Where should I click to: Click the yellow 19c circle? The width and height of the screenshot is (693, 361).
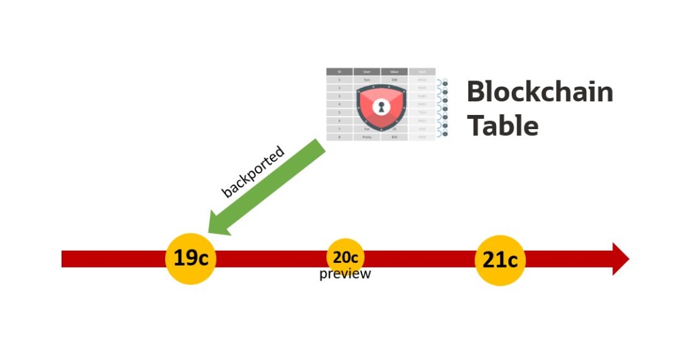(191, 258)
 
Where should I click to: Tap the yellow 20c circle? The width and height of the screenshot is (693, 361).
(346, 257)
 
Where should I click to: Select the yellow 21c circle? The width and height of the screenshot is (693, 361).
(500, 260)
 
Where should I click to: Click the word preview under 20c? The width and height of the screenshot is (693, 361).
(345, 274)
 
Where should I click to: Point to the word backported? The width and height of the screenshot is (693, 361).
(253, 172)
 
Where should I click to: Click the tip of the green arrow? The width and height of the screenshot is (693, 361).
(211, 230)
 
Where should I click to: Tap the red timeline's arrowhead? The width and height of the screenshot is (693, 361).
(620, 259)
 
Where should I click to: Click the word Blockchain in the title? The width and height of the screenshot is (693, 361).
(539, 92)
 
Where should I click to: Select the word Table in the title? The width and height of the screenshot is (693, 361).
(503, 126)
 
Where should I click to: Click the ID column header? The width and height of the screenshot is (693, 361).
(339, 71)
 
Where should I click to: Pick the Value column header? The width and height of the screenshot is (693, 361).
(394, 71)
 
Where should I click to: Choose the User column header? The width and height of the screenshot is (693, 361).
(367, 71)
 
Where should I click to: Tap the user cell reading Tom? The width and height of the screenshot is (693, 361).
(367, 80)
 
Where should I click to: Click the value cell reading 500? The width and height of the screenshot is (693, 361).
(394, 80)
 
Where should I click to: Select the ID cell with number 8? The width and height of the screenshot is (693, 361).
(339, 137)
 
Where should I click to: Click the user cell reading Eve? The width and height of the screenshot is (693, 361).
(367, 128)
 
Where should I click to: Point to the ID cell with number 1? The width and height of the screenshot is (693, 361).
(339, 80)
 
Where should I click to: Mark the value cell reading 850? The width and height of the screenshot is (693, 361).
(394, 137)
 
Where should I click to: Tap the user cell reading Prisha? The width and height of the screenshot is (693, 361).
(367, 137)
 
